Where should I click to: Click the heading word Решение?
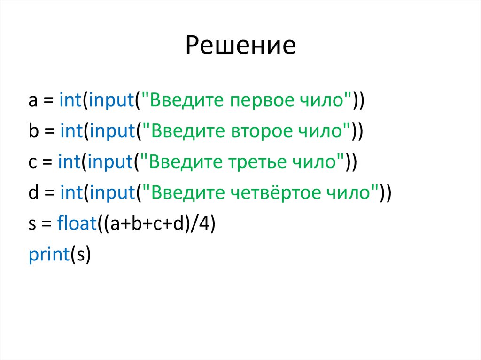pos(240,46)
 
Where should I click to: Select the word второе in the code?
pos(260,131)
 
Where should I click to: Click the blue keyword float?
pos(77,223)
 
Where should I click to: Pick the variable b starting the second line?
pos(33,131)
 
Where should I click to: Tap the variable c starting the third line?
pos(32,162)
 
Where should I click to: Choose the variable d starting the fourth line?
pos(33,192)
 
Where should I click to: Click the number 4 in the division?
pos(205,223)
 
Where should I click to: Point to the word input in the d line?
pos(112,192)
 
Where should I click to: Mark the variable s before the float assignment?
pos(32,224)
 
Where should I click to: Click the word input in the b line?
pos(112,131)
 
